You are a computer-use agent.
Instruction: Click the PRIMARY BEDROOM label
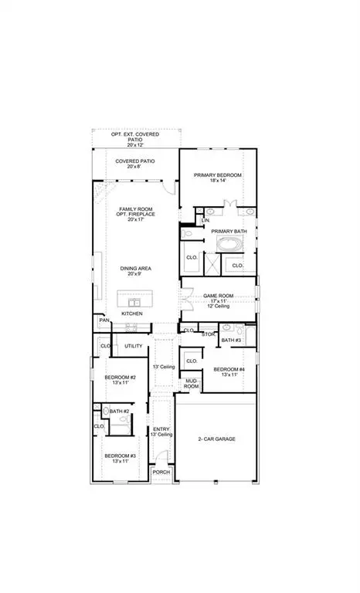(x=218, y=176)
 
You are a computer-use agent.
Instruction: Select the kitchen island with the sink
(x=136, y=299)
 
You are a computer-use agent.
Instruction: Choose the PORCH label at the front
(x=161, y=472)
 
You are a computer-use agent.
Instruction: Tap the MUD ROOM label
(x=192, y=384)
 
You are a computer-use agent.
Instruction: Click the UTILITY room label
(x=133, y=346)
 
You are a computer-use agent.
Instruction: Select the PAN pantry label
(x=104, y=320)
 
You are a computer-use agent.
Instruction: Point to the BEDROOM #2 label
(x=120, y=377)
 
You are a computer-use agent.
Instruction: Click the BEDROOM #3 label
(x=120, y=456)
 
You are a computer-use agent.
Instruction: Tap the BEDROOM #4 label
(x=229, y=369)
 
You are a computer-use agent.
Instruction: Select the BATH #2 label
(x=118, y=412)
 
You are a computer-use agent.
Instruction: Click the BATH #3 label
(x=231, y=340)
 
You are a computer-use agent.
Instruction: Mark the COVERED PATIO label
(x=135, y=161)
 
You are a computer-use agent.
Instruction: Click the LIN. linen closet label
(x=205, y=221)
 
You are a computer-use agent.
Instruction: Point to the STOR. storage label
(x=208, y=334)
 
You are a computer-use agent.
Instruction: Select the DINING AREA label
(x=135, y=268)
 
